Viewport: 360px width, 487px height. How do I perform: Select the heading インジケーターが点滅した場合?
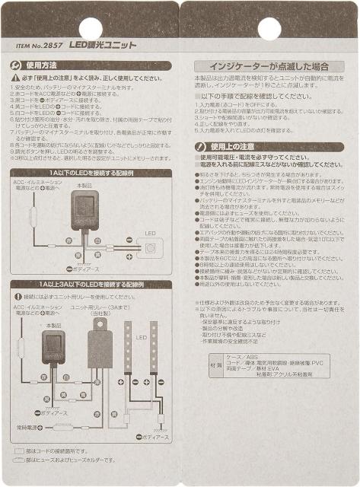pyautogui.click(x=268, y=66)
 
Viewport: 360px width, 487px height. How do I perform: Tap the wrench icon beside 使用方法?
pyautogui.click(x=18, y=66)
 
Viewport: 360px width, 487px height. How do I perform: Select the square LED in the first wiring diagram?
pyautogui.click(x=150, y=248)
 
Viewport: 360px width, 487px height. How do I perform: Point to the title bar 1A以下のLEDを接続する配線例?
pyautogui.click(x=90, y=173)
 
